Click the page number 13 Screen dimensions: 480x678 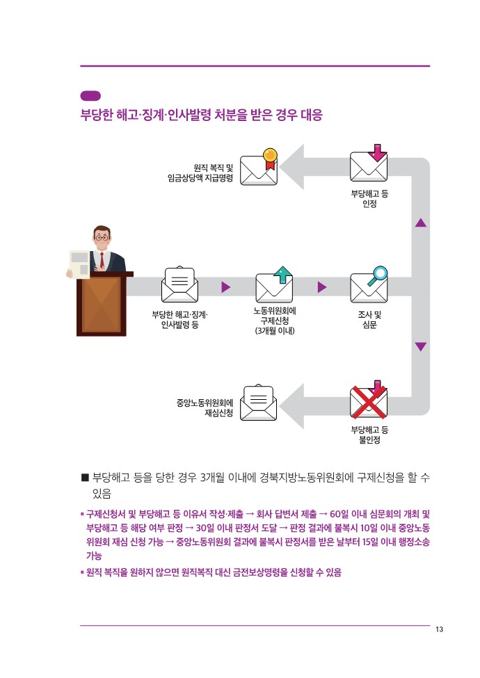(439, 629)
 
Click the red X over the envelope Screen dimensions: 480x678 (369, 402)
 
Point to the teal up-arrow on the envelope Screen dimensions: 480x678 (283, 274)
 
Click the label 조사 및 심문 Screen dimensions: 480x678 (369, 320)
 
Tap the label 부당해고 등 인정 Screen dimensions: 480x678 (369, 198)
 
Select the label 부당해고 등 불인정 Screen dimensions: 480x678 (369, 435)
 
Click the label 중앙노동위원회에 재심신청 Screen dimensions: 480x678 (205, 407)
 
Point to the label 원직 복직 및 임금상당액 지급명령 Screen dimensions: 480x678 (200, 172)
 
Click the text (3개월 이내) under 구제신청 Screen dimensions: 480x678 (275, 331)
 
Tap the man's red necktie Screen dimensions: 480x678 (102, 260)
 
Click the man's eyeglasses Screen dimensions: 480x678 (102, 237)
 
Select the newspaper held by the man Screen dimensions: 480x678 (79, 264)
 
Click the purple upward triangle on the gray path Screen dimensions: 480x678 (421, 223)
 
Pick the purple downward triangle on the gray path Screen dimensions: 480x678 (421, 346)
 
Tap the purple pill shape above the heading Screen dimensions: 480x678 (90, 96)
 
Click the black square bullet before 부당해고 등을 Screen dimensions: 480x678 (85, 478)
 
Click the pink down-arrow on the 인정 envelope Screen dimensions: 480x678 (378, 152)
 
